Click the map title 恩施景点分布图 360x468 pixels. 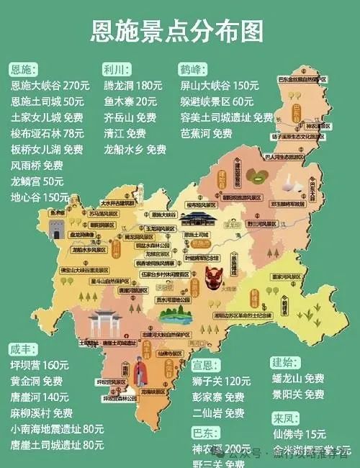click(x=177, y=30)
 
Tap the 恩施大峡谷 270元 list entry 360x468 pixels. click(x=50, y=85)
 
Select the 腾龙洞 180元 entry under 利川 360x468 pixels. click(x=132, y=85)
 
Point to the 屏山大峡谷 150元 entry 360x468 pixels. click(x=219, y=85)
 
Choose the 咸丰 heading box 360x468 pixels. click(x=22, y=349)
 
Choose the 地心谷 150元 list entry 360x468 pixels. click(x=40, y=196)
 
